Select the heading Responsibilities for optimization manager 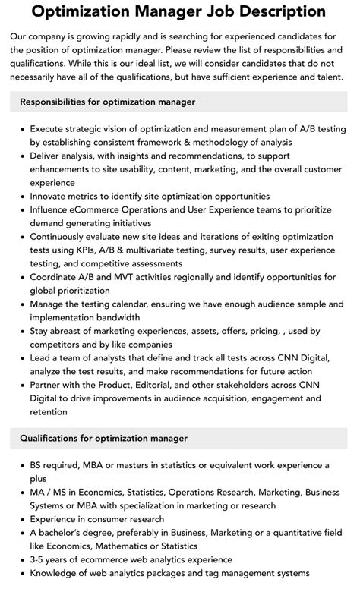(107, 102)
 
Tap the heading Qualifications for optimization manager (103, 438)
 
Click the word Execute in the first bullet (50, 128)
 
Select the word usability (141, 168)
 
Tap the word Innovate (52, 196)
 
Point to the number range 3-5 (39, 559)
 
